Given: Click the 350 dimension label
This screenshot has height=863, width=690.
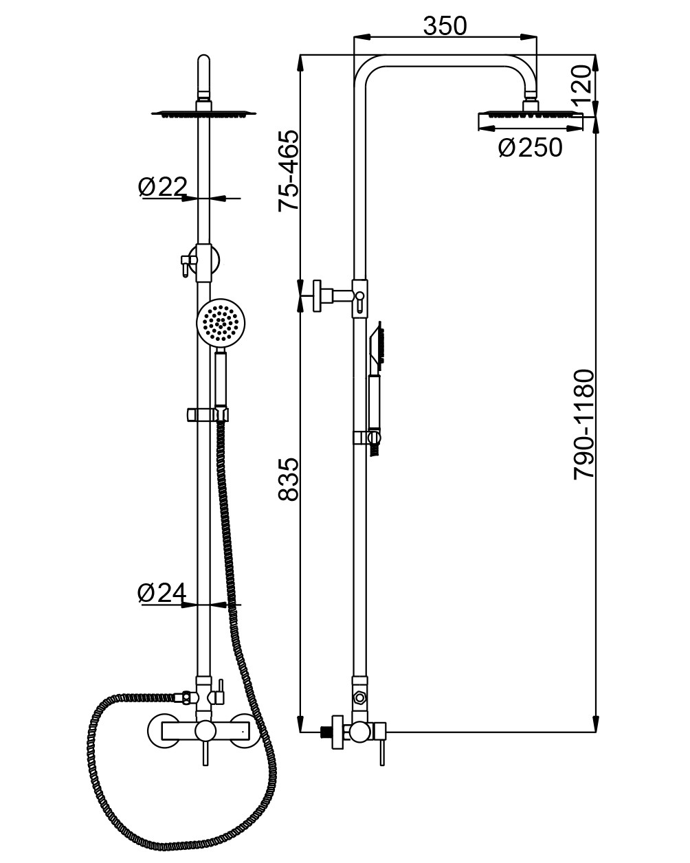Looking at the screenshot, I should pyautogui.click(x=445, y=25).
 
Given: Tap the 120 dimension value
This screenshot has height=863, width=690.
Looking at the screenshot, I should pyautogui.click(x=581, y=84).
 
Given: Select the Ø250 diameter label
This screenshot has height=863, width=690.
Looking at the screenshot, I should pyautogui.click(x=530, y=148).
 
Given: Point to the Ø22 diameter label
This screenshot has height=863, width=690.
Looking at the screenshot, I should pyautogui.click(x=163, y=186).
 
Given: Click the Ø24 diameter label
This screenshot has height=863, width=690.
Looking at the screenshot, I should pyautogui.click(x=162, y=592).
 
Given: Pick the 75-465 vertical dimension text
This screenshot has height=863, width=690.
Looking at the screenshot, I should pyautogui.click(x=289, y=170).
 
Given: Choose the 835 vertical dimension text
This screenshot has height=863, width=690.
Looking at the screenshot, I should pyautogui.click(x=289, y=479).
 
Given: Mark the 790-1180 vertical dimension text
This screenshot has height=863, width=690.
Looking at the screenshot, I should pyautogui.click(x=583, y=425).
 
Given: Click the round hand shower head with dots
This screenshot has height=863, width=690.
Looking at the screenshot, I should pyautogui.click(x=220, y=323).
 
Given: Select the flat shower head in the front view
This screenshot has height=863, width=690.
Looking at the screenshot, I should pyautogui.click(x=204, y=113).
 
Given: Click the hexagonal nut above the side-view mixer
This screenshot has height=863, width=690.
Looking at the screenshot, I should pyautogui.click(x=359, y=699).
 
